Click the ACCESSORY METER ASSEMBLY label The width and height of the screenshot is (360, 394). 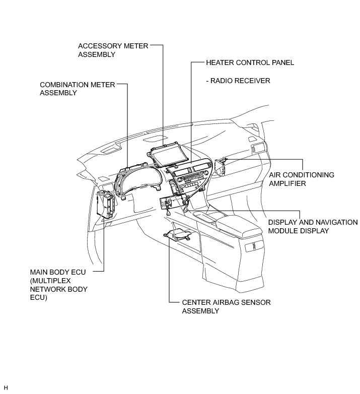[113, 50]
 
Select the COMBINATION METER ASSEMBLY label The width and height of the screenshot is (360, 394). [78, 89]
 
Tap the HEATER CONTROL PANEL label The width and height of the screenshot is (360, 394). [250, 63]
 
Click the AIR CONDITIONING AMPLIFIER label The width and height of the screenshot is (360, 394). [301, 179]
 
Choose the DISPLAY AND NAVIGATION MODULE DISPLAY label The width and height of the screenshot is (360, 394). [312, 226]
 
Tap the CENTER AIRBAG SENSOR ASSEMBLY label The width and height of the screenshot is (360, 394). [219, 306]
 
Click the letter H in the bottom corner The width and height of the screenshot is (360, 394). [6, 387]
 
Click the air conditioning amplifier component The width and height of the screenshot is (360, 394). [220, 166]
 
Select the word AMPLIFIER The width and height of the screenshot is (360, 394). [287, 184]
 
